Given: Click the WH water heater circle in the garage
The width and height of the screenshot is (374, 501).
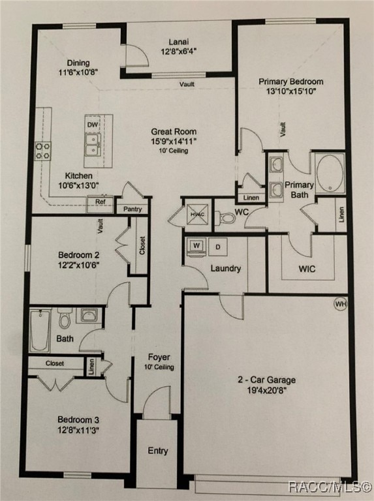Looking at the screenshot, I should [x=340, y=304].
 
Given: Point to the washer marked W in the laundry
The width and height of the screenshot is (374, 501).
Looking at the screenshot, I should [x=196, y=246].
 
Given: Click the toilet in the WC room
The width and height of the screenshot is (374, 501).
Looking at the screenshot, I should [x=226, y=217].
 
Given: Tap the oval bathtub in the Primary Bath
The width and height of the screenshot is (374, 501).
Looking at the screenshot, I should [x=330, y=173].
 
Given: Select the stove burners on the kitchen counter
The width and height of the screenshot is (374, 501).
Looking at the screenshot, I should [x=43, y=151].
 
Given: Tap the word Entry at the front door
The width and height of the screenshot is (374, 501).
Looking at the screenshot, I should [x=157, y=451].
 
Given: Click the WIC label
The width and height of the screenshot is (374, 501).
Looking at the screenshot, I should [x=307, y=268].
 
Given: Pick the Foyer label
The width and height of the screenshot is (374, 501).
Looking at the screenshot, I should [x=159, y=357].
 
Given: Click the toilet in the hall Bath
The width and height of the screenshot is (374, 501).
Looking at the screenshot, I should [x=65, y=318].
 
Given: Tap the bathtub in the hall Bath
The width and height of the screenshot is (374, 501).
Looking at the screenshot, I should [x=40, y=330].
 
